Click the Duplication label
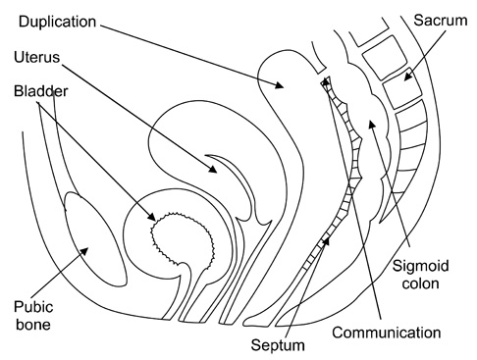coord(57,22)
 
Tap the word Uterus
coord(37,57)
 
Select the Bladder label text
coord(41,91)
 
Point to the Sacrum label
coord(441,21)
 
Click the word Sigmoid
coord(420,266)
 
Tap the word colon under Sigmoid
coord(420,283)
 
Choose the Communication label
coord(387,333)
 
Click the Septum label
coord(278,345)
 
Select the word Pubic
coord(33,307)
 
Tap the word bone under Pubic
coord(33,325)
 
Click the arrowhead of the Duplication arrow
coord(279,84)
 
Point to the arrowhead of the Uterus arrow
coord(212,169)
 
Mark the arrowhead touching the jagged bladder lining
coord(151,217)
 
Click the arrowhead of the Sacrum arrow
coord(407,77)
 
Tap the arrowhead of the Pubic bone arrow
coord(84,251)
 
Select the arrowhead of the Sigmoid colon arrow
coord(372,125)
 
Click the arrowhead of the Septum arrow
coord(326,242)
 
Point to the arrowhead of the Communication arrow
coord(326,81)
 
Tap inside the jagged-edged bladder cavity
coord(182,240)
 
